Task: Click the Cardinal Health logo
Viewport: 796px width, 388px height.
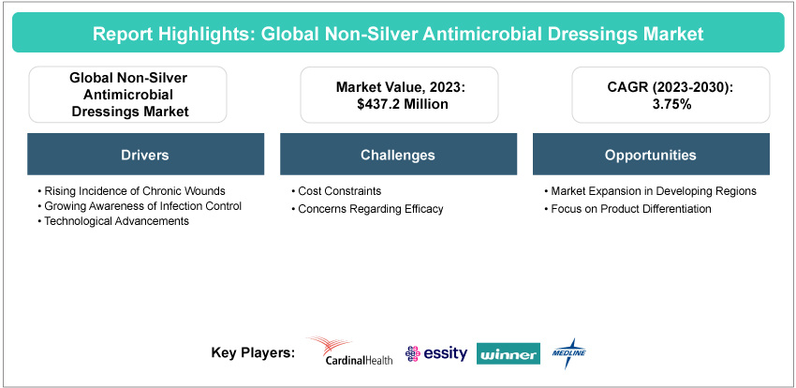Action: point(350,351)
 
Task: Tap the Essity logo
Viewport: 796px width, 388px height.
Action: point(436,353)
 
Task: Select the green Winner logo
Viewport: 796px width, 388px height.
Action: point(509,353)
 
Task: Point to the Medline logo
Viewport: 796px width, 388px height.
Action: point(568,353)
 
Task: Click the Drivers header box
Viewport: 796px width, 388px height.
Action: point(145,155)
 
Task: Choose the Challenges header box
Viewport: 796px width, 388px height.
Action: point(398,155)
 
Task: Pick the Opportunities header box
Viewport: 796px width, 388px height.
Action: point(651,155)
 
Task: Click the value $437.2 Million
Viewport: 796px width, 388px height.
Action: point(399,104)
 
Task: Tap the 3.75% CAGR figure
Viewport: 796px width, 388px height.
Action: point(671,104)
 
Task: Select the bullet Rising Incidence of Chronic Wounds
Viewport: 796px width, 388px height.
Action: point(131,191)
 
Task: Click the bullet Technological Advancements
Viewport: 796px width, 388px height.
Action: point(113,221)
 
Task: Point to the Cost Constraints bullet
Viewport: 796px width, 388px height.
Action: point(336,191)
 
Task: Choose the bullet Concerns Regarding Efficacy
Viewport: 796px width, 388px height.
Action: point(367,209)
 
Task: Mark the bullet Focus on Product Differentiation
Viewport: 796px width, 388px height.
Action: point(627,209)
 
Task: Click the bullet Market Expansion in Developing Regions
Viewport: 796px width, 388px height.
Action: point(650,191)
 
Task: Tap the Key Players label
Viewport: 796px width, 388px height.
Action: point(253,352)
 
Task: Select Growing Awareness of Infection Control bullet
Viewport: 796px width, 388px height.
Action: point(140,206)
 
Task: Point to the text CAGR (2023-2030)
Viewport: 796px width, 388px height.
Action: point(671,87)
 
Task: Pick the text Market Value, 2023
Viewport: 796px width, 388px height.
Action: point(401,87)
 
